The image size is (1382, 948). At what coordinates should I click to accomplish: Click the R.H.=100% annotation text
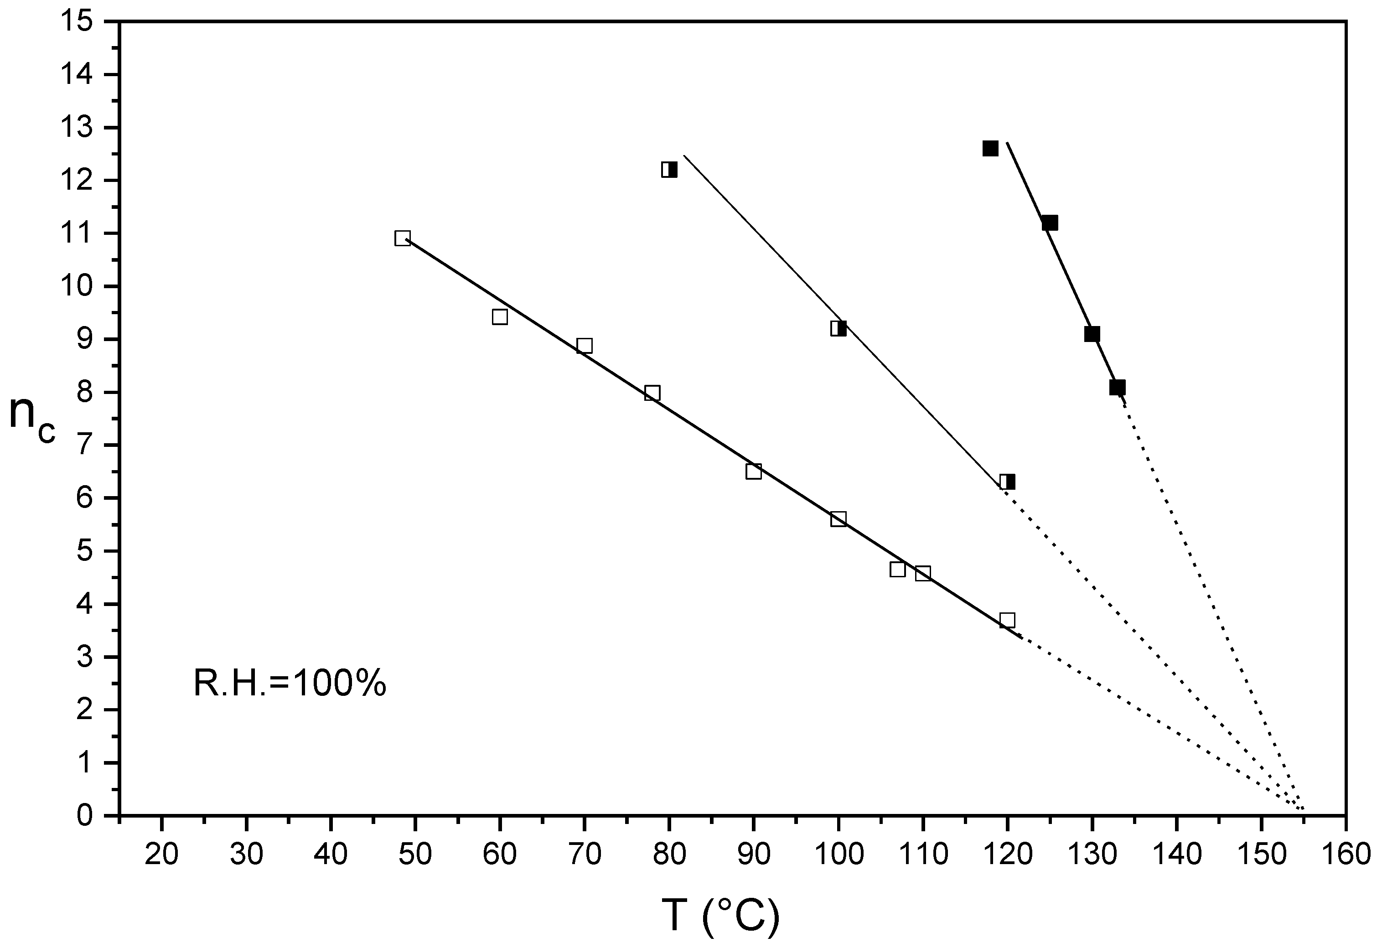tap(290, 684)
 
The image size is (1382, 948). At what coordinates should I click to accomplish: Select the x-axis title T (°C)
tap(720, 917)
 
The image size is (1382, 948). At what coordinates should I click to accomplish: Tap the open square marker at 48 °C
tap(403, 238)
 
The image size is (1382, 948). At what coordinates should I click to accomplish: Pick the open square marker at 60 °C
tap(500, 317)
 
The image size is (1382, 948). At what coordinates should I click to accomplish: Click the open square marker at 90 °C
tap(753, 471)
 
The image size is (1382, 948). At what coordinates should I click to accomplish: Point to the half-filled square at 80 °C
tap(669, 170)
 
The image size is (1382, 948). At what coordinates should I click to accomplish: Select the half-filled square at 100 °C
tap(839, 328)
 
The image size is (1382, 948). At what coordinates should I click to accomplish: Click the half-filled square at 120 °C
tap(1007, 482)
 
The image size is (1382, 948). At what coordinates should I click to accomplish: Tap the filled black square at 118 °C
tap(990, 149)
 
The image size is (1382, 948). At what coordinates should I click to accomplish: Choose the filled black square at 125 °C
tap(1050, 223)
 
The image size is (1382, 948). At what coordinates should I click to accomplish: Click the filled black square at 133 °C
tap(1117, 388)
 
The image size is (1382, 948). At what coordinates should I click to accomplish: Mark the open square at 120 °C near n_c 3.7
tap(1007, 620)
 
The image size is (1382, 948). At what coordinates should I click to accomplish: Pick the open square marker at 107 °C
tap(897, 569)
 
